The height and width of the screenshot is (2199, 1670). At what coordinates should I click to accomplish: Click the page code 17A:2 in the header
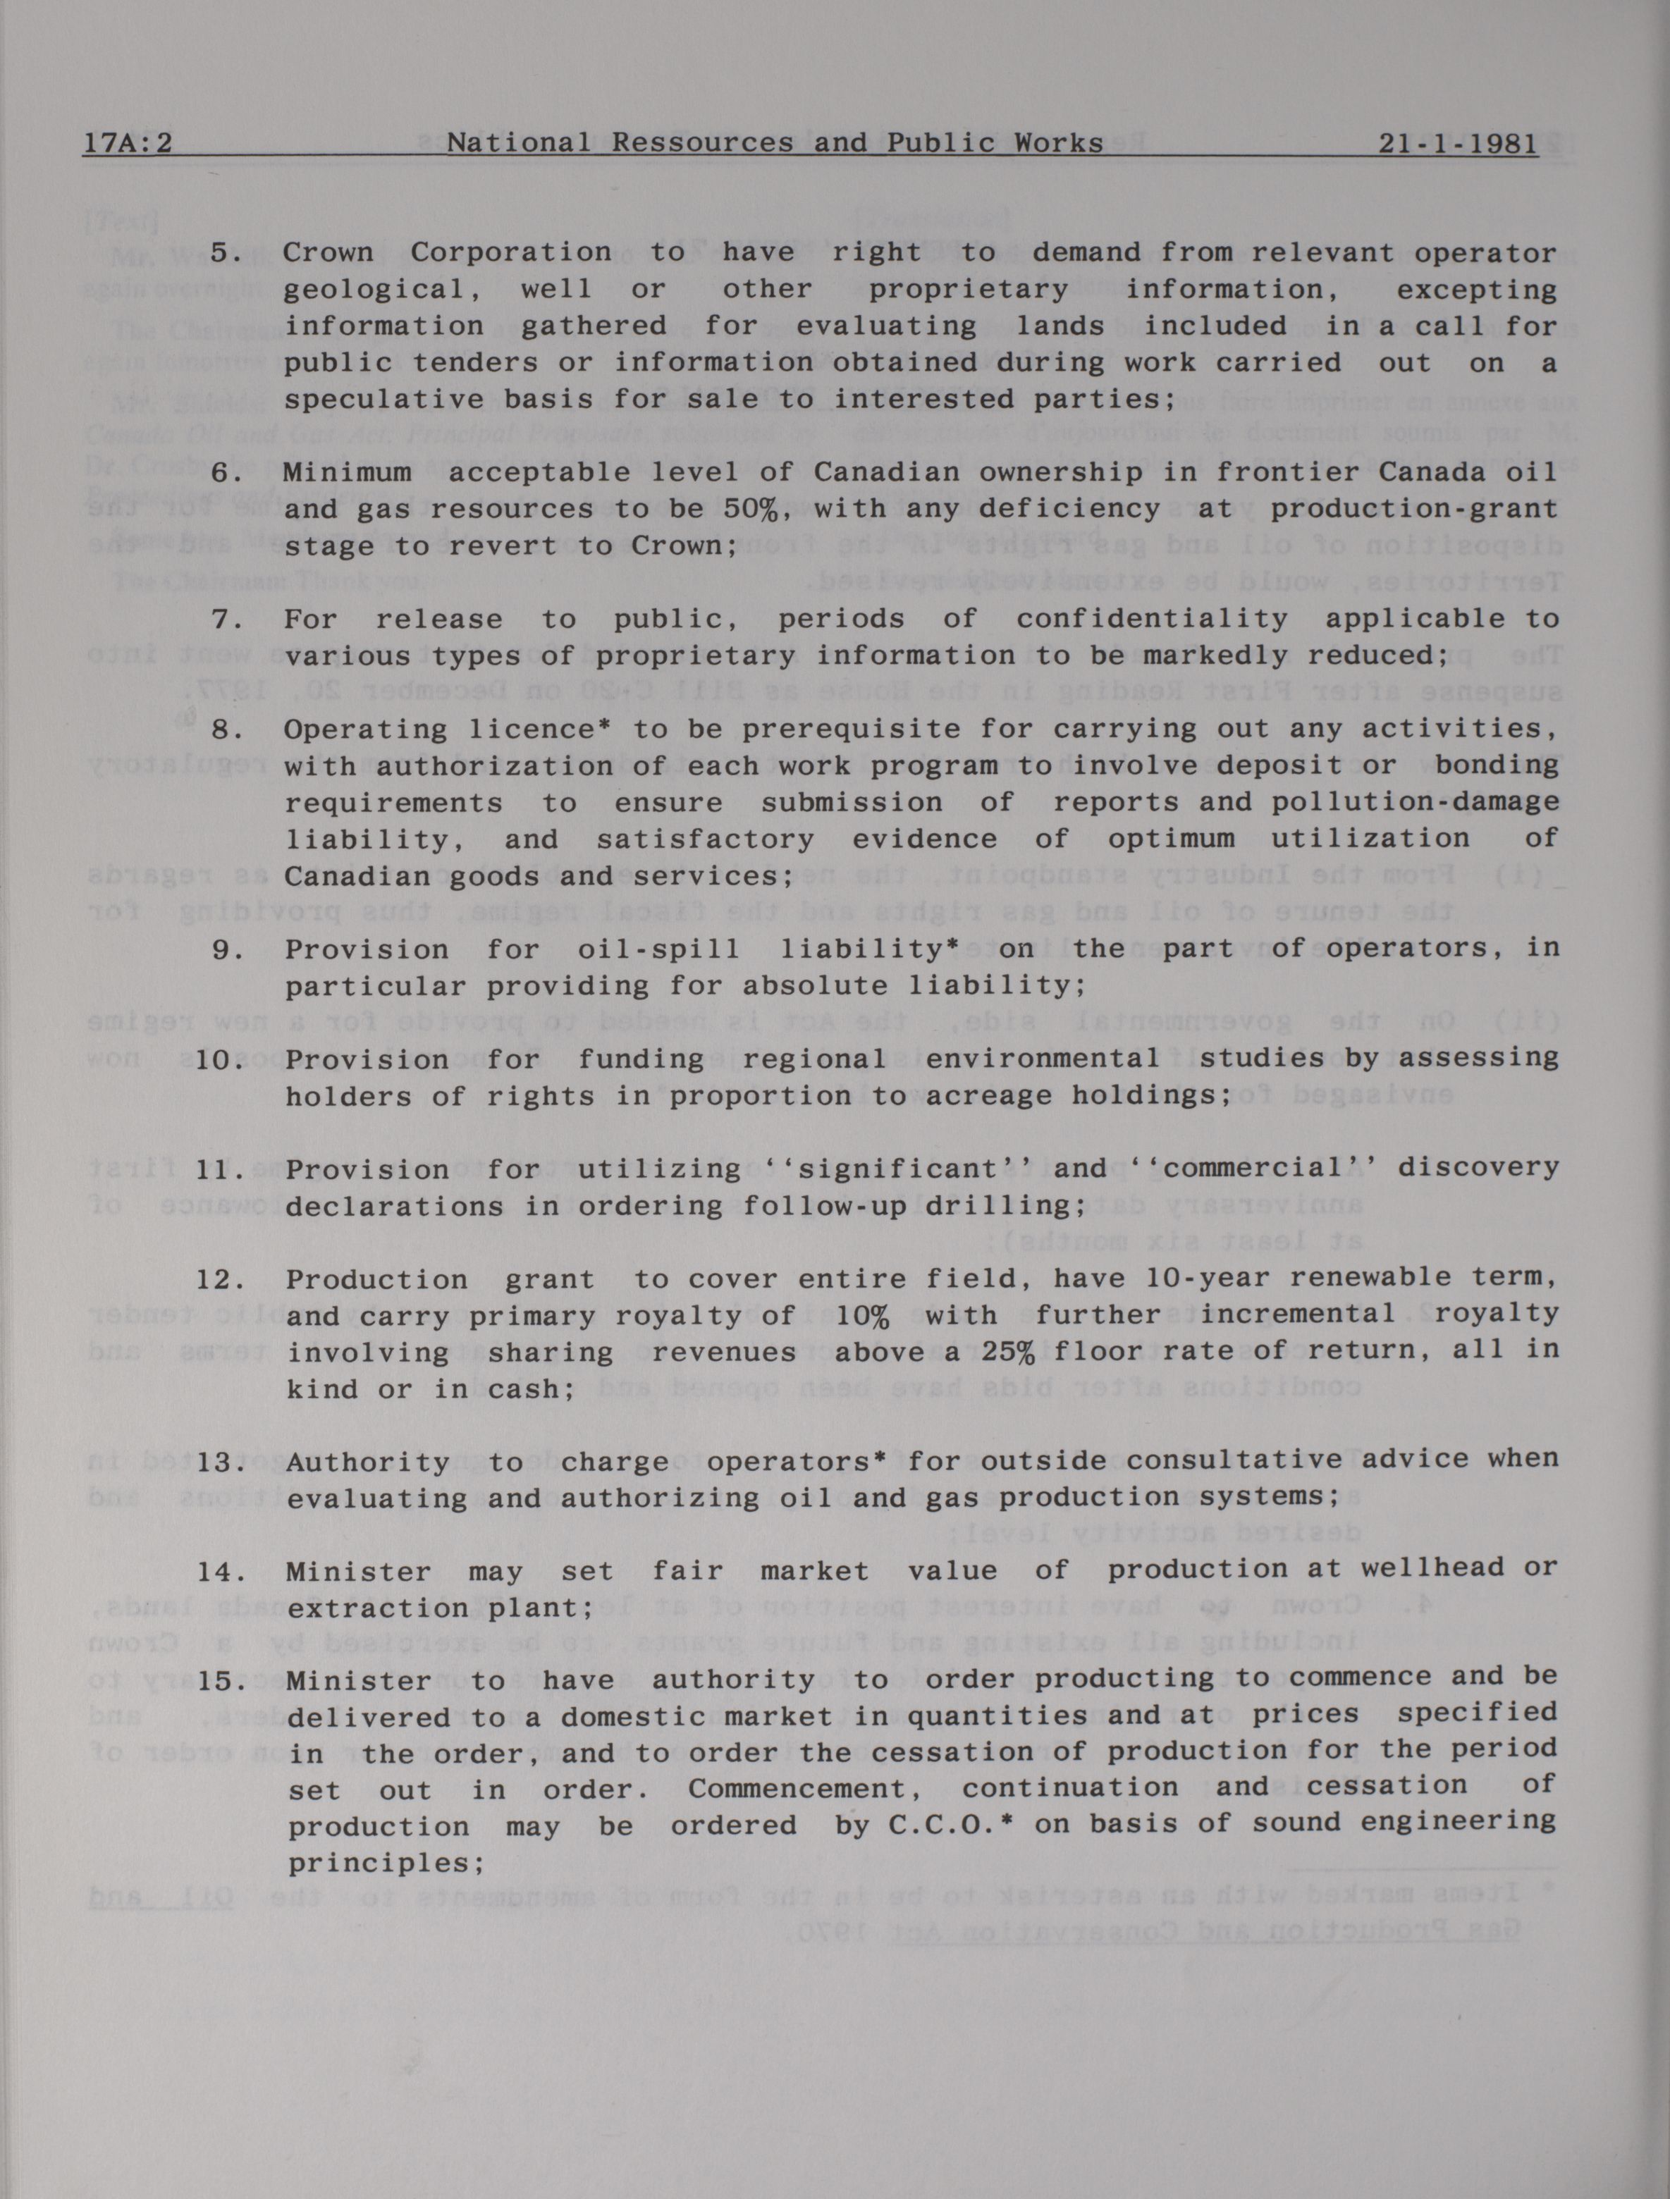coord(127,143)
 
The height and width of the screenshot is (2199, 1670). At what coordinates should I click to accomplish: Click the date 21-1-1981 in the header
coord(1457,143)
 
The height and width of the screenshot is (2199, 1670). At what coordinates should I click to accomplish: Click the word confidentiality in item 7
coord(1151,618)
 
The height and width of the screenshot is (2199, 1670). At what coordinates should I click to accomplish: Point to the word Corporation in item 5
coord(511,252)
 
